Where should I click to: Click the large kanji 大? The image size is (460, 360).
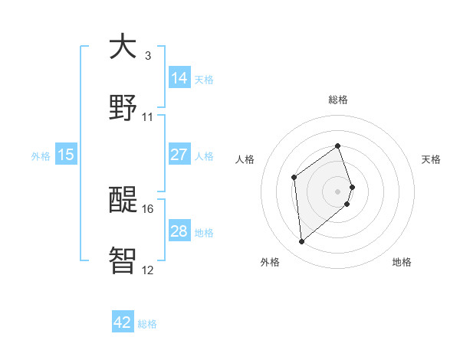pos(123,47)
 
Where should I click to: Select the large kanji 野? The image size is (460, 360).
pos(123,108)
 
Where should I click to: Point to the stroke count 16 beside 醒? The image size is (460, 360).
pos(148,208)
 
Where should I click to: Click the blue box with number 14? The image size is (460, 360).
pos(179,77)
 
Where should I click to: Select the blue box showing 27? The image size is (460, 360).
pos(179,155)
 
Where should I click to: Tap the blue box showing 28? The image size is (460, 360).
pos(179,231)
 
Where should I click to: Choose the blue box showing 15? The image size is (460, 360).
pos(66,155)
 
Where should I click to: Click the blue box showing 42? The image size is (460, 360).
pos(123,322)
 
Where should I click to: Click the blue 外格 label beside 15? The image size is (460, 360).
pos(41,155)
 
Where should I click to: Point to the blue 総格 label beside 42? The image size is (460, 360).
pos(147,324)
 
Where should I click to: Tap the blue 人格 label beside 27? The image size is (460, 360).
pos(204,155)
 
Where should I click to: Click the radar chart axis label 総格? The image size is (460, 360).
pos(338,100)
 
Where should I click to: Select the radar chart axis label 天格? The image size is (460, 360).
pos(431,159)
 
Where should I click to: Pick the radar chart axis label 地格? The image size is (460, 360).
pos(402,262)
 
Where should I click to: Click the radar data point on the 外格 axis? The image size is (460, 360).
pos(301,242)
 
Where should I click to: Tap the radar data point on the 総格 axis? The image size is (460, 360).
pos(337,146)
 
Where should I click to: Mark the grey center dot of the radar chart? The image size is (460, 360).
pos(338,190)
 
